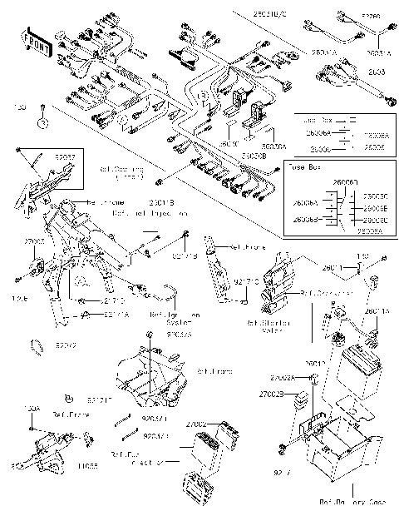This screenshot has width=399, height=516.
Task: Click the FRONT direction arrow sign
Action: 36,43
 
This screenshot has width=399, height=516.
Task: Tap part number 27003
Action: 34,241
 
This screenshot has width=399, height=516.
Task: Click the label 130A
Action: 32,409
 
